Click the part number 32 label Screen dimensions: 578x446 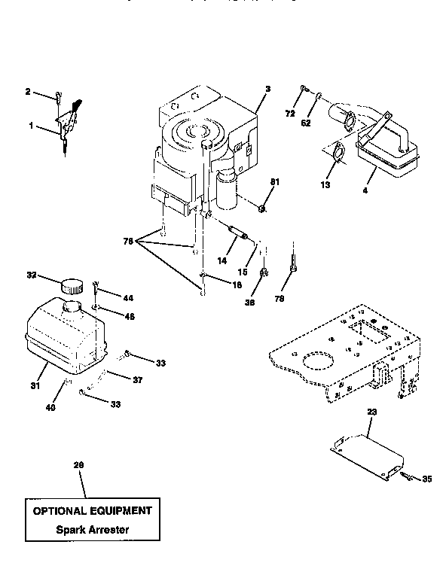[32, 276]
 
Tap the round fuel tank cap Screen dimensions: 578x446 [72, 286]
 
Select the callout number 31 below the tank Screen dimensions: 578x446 [35, 387]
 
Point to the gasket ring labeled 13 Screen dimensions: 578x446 [338, 154]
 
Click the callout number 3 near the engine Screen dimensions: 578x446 [267, 89]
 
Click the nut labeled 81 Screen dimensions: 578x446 [259, 208]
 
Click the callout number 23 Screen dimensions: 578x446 [371, 412]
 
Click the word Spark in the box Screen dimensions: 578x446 [72, 529]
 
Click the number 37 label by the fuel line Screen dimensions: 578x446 [137, 379]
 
